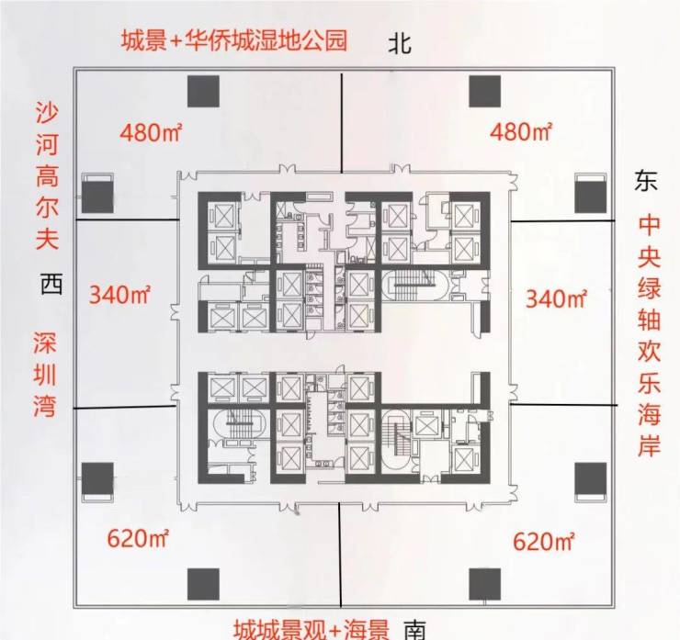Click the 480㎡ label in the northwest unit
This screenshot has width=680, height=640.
tap(151, 131)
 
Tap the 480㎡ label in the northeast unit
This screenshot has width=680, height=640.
tap(521, 131)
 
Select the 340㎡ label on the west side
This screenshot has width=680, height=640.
tap(119, 294)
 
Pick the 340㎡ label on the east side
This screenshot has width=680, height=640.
tap(556, 298)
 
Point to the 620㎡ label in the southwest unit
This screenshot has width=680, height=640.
tap(138, 539)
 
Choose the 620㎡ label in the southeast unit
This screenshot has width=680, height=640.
tap(544, 542)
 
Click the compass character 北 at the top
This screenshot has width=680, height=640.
tap(400, 44)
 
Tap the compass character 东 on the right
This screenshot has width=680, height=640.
tap(646, 180)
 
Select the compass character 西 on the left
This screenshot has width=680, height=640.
tap(51, 284)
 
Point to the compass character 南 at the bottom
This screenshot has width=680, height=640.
tap(415, 631)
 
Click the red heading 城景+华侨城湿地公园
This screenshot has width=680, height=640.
tap(234, 40)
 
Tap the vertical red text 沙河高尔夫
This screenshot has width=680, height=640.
tap(46, 176)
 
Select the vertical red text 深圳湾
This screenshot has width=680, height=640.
tap(45, 375)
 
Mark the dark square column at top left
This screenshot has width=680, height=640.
tap(203, 92)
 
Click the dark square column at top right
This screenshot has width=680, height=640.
tap(485, 92)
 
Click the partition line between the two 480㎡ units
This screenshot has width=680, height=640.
tap(342, 123)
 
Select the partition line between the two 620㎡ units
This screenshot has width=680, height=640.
tap(340, 556)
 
